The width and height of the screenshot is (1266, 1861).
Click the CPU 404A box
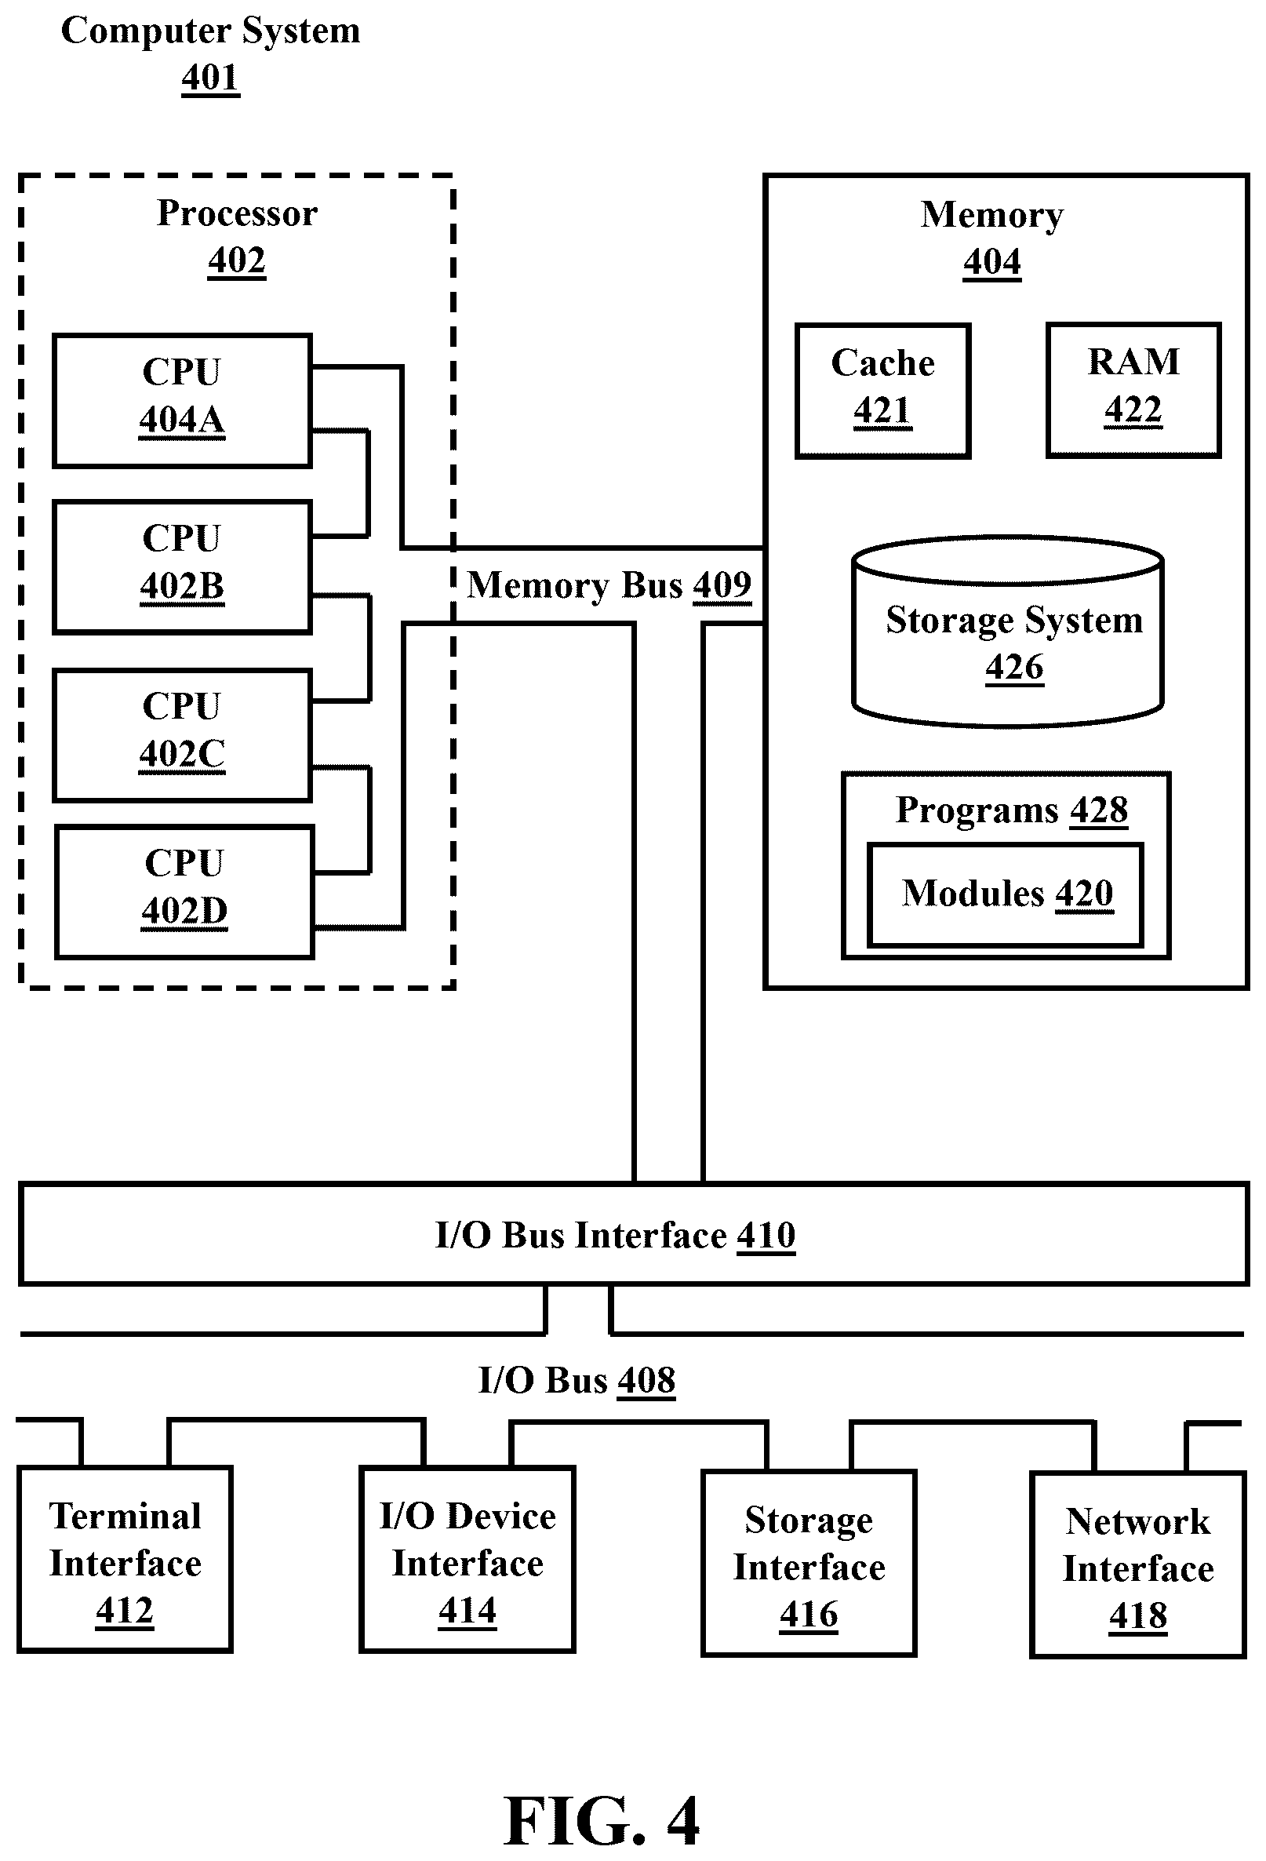182,400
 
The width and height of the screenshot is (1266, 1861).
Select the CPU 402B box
182,568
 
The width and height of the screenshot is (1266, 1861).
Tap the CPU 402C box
182,735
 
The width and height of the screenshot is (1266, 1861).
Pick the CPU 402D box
184,892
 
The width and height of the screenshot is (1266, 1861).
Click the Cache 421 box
882,391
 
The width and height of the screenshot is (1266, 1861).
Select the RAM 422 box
1133,390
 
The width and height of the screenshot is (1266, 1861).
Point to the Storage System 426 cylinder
1007,632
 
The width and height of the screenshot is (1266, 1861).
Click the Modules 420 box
1005,894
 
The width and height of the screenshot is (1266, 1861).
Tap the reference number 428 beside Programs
1099,810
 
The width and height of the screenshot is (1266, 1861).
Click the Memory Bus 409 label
609,585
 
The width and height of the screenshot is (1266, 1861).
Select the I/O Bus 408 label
577,1381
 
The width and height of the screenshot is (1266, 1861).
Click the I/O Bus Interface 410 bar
634,1234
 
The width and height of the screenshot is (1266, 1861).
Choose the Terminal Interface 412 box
125,1559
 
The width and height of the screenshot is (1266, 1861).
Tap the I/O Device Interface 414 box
467,1559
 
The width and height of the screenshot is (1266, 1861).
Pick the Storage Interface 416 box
809,1563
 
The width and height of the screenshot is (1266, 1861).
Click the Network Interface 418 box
1138,1564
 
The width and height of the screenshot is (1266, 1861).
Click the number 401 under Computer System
209,78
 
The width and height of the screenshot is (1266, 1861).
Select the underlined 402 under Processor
237,260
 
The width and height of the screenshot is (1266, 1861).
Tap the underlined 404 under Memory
992,262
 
